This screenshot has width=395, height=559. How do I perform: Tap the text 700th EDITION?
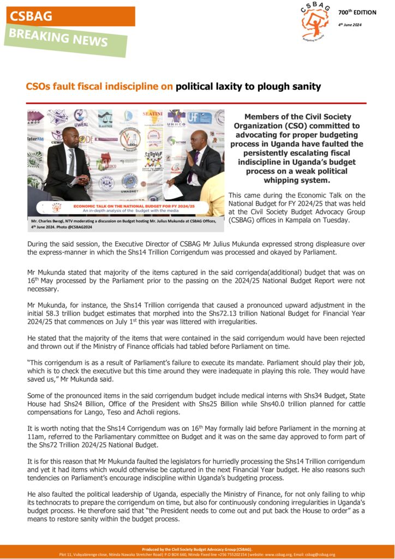[x=357, y=12]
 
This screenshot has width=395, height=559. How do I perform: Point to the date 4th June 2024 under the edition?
[x=350, y=25]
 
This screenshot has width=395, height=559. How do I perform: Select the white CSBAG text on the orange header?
[x=31, y=16]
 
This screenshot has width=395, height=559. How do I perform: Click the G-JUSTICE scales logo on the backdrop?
[x=105, y=117]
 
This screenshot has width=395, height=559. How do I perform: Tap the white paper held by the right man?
[x=173, y=191]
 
